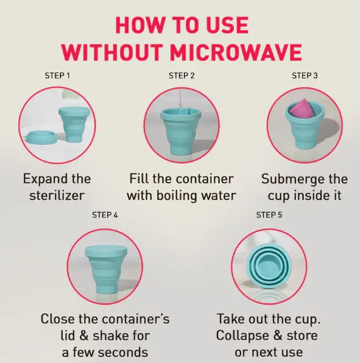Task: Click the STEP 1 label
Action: click(x=58, y=76)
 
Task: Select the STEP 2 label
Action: click(x=182, y=76)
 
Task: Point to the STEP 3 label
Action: click(x=305, y=76)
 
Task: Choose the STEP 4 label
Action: click(x=105, y=215)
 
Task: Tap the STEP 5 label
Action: click(x=269, y=215)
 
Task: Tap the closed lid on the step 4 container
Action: click(x=105, y=251)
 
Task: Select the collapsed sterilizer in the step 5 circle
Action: click(x=269, y=265)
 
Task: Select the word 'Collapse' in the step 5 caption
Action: click(x=242, y=336)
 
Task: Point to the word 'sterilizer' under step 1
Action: click(x=57, y=196)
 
